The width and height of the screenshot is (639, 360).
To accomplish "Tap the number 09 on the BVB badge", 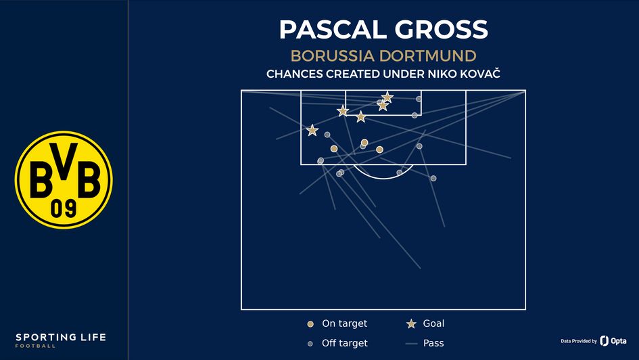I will coord(64,208).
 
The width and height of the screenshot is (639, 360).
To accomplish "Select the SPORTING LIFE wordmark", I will coord(61,338).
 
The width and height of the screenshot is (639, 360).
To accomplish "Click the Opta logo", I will coord(613,340).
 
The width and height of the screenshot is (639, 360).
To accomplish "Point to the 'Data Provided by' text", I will coord(578,341).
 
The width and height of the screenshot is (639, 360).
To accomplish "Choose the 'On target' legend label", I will coord(344,324).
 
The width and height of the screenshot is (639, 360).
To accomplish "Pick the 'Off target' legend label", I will coord(344,343).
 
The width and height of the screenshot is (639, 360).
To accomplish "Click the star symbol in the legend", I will coord(410,324).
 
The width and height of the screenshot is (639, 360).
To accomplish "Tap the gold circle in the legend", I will coord(310,324).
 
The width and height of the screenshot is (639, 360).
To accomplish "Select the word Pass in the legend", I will coord(433,343).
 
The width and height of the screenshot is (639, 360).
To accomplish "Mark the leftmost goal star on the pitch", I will coord(312,131).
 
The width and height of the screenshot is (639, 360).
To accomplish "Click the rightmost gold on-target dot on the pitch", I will coord(379,150).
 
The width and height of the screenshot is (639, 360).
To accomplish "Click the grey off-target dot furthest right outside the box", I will coord(433,179).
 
